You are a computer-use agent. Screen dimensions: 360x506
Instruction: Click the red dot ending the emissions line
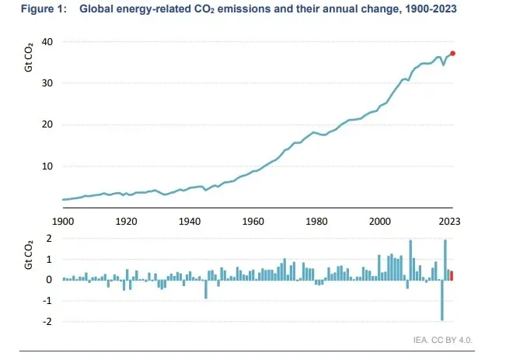(453, 54)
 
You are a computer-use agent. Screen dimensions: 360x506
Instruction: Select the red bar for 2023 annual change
(452, 275)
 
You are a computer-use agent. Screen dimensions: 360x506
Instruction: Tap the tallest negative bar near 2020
(441, 299)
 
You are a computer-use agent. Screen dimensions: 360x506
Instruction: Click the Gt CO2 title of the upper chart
(29, 58)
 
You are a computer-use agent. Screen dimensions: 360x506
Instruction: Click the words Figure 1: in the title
(40, 10)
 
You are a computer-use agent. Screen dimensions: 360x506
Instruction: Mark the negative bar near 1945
(206, 288)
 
